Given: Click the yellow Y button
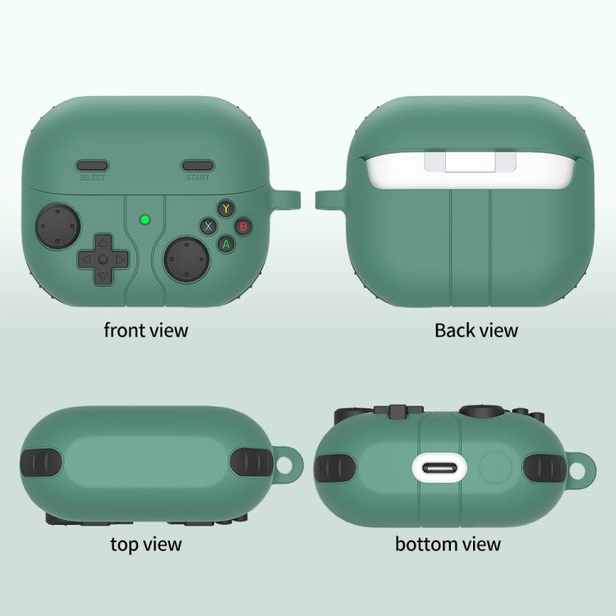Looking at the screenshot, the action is tap(226, 209).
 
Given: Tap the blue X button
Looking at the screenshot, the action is tap(209, 227).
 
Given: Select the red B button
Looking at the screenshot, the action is tap(244, 227).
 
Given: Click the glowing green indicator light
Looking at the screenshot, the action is tap(145, 219).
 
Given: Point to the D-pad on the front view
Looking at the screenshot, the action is tap(103, 260).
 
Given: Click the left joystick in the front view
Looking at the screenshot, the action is tap(57, 226).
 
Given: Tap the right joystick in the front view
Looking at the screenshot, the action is tap(186, 260).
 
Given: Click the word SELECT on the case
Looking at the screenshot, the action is tap(92, 177).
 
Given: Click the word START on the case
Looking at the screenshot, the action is tap(197, 177).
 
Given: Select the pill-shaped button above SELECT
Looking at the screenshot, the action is tap(92, 165).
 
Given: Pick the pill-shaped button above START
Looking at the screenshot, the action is tap(198, 165).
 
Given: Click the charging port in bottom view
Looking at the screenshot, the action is tap(439, 469).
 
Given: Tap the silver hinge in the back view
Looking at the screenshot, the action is tap(471, 162).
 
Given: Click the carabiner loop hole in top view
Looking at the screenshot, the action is tap(284, 464).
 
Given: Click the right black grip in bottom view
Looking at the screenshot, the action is tap(544, 469).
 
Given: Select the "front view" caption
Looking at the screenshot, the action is tap(145, 330).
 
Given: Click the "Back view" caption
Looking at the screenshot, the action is tap(476, 330).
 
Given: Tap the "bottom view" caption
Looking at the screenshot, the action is tap(448, 544).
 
